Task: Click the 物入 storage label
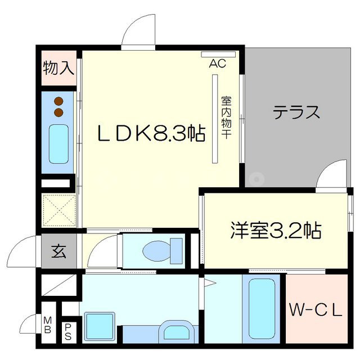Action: pyautogui.click(x=58, y=69)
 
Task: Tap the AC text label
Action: pyautogui.click(x=218, y=64)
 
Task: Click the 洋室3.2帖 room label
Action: pyautogui.click(x=276, y=230)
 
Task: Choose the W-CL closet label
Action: pyautogui.click(x=316, y=309)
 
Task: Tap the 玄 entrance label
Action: pyautogui.click(x=58, y=251)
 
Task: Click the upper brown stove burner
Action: pyautogui.click(x=58, y=102)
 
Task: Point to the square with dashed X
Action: pyautogui.click(x=58, y=210)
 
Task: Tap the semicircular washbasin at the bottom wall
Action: pyautogui.click(x=174, y=332)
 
